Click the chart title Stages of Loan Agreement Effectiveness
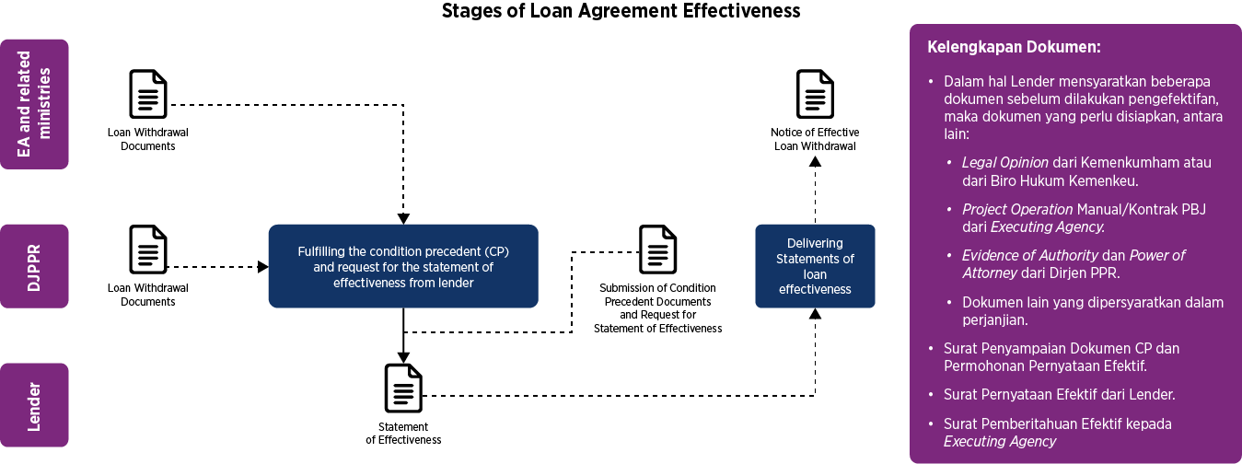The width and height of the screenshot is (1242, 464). pyautogui.click(x=621, y=11)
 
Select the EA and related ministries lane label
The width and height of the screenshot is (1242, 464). pyautogui.click(x=35, y=104)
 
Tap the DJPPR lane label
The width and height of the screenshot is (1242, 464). pyautogui.click(x=35, y=266)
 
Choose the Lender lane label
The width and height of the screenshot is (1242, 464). pyautogui.click(x=35, y=405)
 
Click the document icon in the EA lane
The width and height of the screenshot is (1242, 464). pyautogui.click(x=148, y=94)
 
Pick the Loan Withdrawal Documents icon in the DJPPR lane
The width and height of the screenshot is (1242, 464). pyautogui.click(x=148, y=249)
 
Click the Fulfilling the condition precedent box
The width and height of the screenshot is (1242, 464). pyautogui.click(x=403, y=266)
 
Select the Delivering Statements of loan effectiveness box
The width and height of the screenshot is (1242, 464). pyautogui.click(x=815, y=266)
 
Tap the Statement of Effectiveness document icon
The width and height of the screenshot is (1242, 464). pyautogui.click(x=403, y=389)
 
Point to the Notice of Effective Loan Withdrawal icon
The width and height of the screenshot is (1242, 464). pyautogui.click(x=815, y=94)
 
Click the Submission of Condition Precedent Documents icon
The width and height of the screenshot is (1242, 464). pyautogui.click(x=658, y=249)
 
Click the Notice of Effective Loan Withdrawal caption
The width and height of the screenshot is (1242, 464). pyautogui.click(x=815, y=139)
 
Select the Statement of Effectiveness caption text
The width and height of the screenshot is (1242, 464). pyautogui.click(x=403, y=434)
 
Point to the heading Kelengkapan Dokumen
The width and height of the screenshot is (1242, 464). pyautogui.click(x=1014, y=46)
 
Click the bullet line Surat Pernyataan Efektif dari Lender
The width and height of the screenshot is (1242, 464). pyautogui.click(x=1059, y=395)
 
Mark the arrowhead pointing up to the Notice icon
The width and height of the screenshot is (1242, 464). pyautogui.click(x=815, y=160)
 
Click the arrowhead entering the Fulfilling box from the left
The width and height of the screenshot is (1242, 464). pyautogui.click(x=263, y=267)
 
